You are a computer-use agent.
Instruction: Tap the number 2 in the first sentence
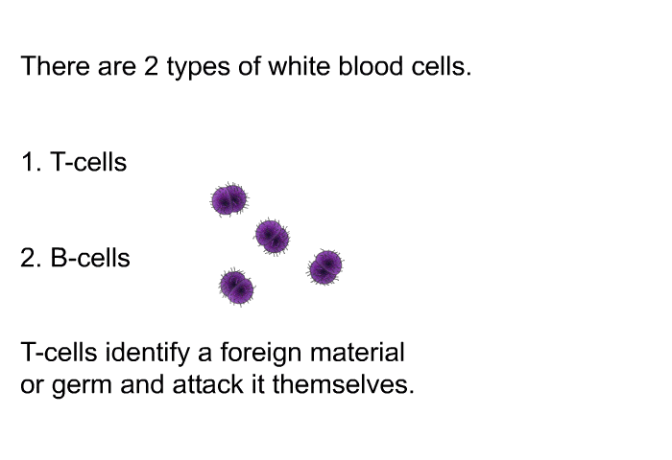coord(151,66)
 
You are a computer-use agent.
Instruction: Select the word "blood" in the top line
coord(371,66)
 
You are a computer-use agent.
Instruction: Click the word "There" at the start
coord(55,66)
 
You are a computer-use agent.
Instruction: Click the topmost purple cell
coord(229,199)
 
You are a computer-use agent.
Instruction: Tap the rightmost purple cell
coord(325,267)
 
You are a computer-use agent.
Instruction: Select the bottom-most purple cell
coord(236,287)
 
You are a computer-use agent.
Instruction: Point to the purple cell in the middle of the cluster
coord(272,237)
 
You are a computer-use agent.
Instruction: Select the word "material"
coord(357,352)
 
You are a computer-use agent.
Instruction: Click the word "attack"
coord(208,384)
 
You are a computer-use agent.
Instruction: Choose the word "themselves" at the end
coord(340,384)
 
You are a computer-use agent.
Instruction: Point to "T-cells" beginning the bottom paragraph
coord(59,352)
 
